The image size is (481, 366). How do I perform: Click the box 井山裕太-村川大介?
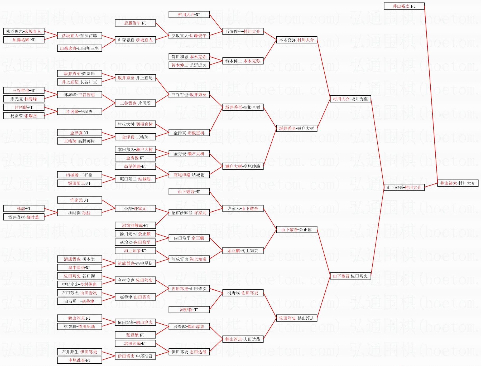(458, 183)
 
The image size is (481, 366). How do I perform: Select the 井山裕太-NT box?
(404, 6)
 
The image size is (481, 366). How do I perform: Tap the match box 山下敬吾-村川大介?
(404, 187)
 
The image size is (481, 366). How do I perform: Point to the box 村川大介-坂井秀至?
(350, 99)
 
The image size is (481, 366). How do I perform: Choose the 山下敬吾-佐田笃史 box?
(350, 276)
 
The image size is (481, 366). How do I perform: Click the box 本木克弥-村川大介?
(297, 40)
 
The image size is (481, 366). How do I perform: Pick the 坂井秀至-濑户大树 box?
(297, 128)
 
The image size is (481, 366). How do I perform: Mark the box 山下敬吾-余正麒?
(297, 230)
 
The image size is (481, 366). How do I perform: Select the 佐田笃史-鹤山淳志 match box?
(297, 318)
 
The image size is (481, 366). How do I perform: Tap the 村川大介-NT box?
(189, 14)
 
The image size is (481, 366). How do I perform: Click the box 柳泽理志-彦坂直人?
(24, 31)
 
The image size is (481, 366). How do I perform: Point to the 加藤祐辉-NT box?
(24, 40)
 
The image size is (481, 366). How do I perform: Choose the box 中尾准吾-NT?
(79, 360)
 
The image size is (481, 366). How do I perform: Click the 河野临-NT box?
(189, 310)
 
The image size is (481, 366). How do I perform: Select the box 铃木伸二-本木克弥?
(243, 61)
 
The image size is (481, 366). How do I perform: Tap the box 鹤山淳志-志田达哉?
(243, 339)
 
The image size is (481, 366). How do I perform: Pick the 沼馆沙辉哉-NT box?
(135, 225)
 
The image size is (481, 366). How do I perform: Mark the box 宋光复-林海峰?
(24, 99)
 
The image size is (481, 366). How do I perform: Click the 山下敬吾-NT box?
(189, 192)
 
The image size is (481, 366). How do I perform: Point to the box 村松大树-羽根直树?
(135, 124)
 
